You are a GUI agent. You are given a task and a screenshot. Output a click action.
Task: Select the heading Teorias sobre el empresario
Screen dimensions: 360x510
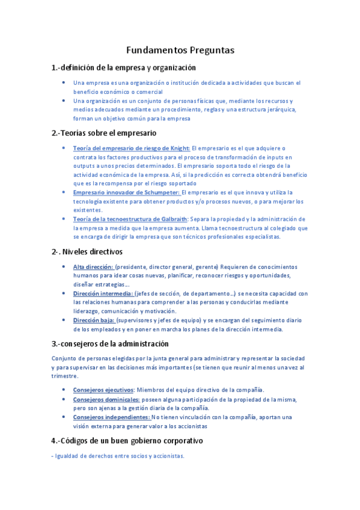pos(104,132)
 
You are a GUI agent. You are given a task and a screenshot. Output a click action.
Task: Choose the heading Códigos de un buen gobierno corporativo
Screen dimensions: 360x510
pos(127,440)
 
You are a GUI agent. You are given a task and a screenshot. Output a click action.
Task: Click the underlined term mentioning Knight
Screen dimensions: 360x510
pos(131,148)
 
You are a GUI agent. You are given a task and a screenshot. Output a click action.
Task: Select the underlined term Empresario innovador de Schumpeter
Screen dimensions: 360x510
pos(126,192)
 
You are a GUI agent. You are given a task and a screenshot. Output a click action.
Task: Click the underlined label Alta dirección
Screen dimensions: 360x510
pos(93,266)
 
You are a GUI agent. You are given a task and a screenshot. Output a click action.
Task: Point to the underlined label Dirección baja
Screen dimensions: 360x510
pos(93,321)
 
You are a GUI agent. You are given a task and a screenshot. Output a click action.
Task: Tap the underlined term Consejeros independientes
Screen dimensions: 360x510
pos(111,417)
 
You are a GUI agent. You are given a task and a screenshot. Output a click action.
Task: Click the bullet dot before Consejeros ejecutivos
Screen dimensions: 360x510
pos(64,390)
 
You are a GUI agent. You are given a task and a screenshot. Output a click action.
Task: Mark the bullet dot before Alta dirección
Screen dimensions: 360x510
pos(64,266)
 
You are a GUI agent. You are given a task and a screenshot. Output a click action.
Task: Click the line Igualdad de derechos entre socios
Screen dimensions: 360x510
pos(118,456)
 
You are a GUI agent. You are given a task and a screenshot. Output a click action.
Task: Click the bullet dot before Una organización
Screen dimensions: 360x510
pos(64,100)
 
